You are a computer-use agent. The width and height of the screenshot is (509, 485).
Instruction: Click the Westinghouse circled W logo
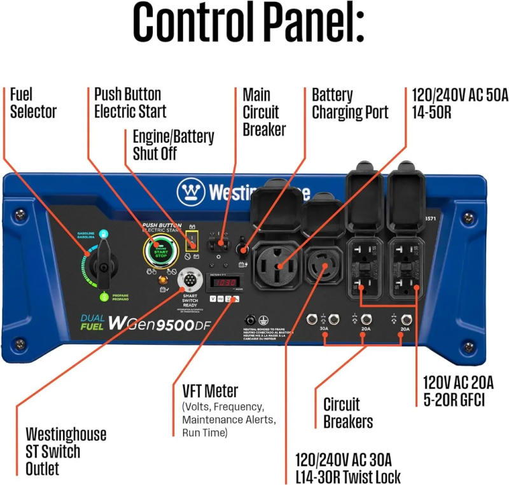click(191, 190)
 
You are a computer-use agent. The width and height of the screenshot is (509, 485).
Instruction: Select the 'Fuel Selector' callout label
click(33, 103)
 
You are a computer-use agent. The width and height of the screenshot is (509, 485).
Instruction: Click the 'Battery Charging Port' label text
click(349, 104)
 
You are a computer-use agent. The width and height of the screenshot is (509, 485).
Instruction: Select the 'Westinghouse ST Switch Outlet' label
click(66, 451)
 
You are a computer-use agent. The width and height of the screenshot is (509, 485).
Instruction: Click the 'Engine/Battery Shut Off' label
click(173, 145)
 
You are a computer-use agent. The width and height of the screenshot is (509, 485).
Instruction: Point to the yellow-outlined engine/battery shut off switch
click(190, 243)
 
